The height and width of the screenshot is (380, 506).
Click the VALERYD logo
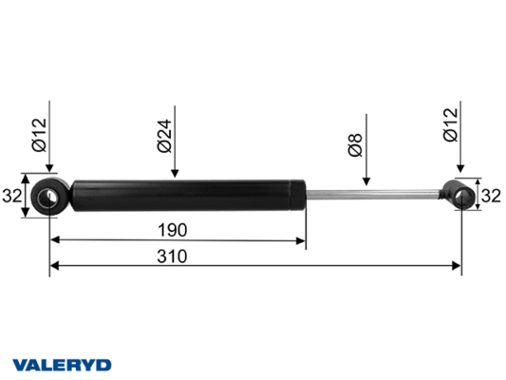[x=62, y=365]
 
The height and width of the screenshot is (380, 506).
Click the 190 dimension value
[x=173, y=230]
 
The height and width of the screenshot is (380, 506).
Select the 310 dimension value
[x=172, y=256]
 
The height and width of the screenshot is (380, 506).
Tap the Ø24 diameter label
[x=164, y=136]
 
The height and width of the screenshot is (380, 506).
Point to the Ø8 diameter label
[x=356, y=145]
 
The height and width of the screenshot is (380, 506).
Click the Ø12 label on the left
[x=39, y=135]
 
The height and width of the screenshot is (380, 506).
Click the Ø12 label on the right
[x=451, y=124]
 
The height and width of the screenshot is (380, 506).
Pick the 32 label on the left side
[x=12, y=196]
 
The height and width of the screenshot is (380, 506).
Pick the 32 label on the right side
[x=491, y=196]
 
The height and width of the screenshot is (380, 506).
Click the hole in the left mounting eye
[x=47, y=197]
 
